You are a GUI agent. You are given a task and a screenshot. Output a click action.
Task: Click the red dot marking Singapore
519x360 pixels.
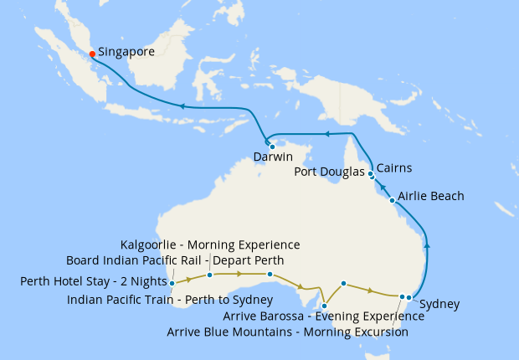click(92, 55)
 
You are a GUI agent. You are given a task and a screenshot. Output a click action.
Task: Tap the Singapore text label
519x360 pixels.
click(126, 52)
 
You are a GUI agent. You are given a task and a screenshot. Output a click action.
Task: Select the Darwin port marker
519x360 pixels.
click(272, 147)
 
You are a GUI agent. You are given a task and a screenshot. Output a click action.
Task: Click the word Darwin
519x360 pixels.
click(274, 157)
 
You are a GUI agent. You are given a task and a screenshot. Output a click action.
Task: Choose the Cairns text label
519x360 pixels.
click(394, 168)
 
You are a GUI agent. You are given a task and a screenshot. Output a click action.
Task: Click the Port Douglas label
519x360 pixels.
click(331, 172)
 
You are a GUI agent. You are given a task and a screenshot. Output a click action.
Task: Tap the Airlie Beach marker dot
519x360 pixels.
click(393, 200)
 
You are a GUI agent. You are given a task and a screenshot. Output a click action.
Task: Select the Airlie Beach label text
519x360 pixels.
click(430, 196)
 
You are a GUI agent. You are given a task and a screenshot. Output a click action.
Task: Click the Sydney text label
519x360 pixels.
click(439, 304)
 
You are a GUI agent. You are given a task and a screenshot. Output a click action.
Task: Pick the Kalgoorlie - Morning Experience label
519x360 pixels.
click(210, 244)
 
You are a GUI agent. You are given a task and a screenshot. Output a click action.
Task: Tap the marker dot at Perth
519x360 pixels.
click(172, 283)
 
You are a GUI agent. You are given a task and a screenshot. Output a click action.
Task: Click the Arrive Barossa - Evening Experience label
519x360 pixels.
click(315, 316)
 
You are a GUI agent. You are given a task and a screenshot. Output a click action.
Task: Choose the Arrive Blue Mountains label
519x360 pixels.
click(287, 332)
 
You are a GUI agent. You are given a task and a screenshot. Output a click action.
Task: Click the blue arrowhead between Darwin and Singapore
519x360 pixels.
click(181, 106)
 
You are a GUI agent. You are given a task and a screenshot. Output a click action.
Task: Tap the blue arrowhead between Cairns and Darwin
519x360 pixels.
click(328, 134)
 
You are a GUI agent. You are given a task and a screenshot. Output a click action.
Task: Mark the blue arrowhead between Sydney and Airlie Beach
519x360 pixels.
click(428, 245)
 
